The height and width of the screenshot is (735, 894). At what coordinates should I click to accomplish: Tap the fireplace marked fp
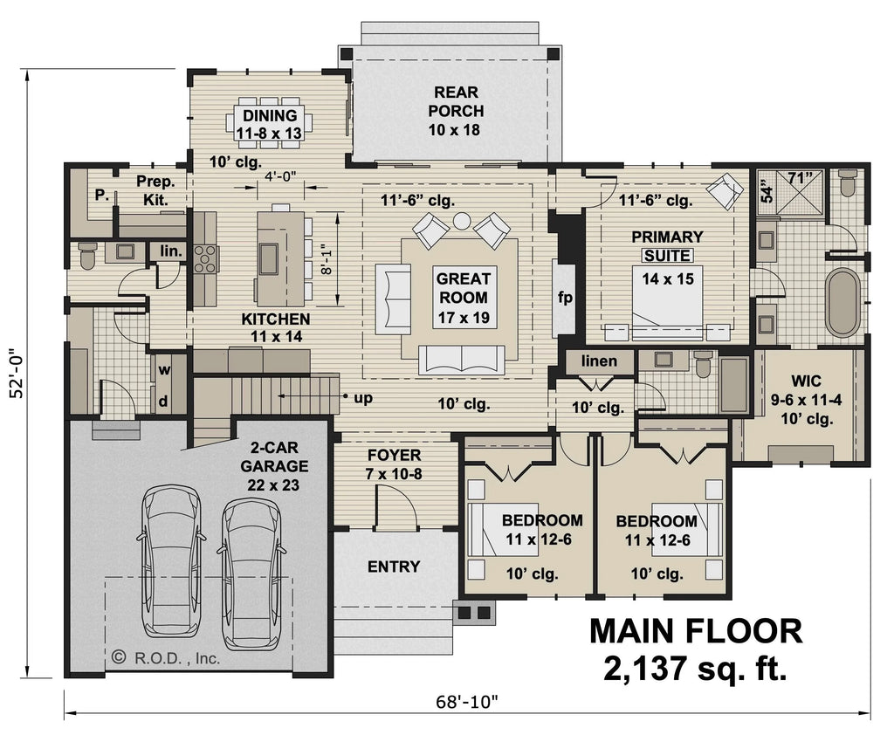(565, 298)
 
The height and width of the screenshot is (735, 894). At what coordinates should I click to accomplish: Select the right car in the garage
(250, 572)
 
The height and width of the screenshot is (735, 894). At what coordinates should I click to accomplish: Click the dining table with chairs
(269, 123)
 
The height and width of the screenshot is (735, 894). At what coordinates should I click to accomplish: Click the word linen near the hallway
(598, 361)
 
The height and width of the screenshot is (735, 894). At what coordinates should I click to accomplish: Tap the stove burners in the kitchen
(205, 258)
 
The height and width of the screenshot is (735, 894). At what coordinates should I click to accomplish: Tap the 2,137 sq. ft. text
(695, 669)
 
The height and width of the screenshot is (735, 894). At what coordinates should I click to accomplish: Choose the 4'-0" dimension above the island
(281, 176)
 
